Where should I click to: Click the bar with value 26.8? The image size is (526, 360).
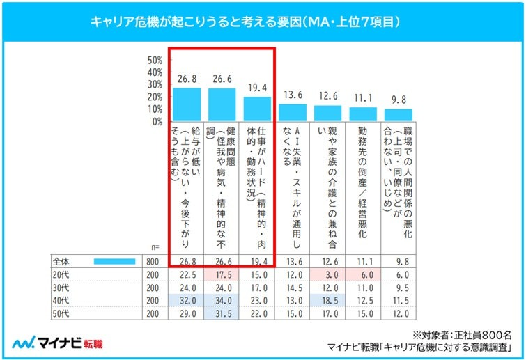tap(186, 104)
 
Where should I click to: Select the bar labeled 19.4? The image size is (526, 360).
tap(257, 109)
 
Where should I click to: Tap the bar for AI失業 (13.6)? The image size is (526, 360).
tap(293, 113)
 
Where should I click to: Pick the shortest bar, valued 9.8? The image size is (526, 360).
tap(399, 115)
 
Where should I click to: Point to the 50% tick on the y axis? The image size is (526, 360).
tap(154, 60)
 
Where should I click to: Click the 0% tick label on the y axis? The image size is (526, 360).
tap(157, 121)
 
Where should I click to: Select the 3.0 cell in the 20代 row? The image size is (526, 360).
tap(328, 274)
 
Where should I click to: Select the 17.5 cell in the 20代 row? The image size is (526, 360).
tap(222, 274)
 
